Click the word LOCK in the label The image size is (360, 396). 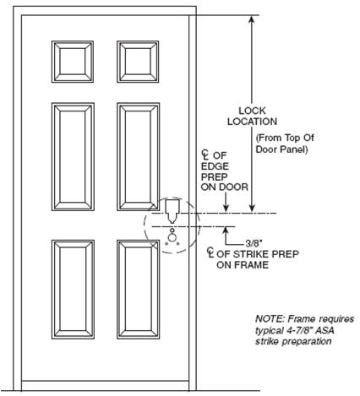pos(252,111)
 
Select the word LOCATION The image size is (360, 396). pos(253,122)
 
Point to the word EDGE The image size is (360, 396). pos(215,166)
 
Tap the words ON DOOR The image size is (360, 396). pos(225,187)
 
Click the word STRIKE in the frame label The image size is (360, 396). pos(250,254)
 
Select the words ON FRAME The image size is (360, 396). pos(243,265)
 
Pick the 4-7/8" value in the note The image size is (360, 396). pos(298,330)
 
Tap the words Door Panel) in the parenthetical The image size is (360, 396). pos(281,149)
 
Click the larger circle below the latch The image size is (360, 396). pos(172,238)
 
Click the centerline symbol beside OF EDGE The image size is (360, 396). pos(205,155)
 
